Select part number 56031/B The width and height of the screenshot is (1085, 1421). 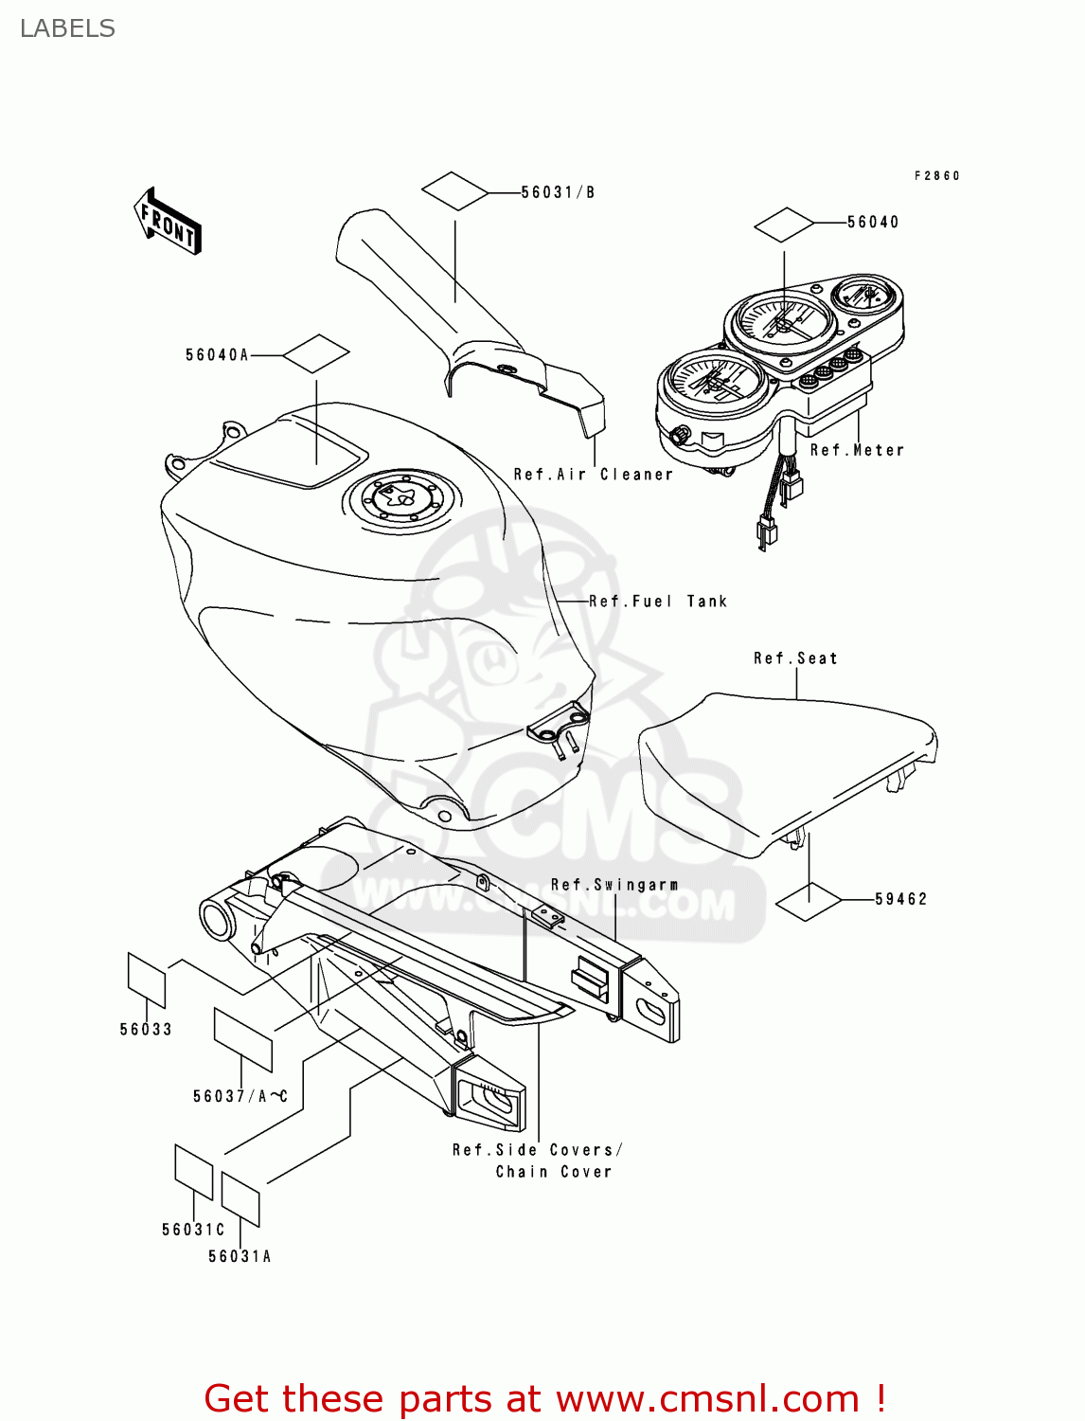pyautogui.click(x=558, y=192)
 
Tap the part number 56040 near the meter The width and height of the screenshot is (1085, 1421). pyautogui.click(x=872, y=222)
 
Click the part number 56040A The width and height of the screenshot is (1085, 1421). pyautogui.click(x=217, y=355)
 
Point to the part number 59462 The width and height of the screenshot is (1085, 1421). pyautogui.click(x=900, y=899)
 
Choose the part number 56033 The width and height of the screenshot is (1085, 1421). pyautogui.click(x=146, y=1030)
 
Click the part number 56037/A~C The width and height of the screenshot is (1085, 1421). pyautogui.click(x=240, y=1096)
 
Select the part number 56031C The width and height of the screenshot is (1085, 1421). pyautogui.click(x=193, y=1230)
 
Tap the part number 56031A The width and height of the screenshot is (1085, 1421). pyautogui.click(x=240, y=1256)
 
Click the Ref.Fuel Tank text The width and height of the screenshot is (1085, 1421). pyautogui.click(x=658, y=602)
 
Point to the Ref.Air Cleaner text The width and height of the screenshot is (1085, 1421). pyautogui.click(x=593, y=474)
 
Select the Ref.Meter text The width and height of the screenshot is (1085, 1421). pyautogui.click(x=857, y=450)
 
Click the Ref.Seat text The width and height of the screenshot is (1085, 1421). pyautogui.click(x=795, y=658)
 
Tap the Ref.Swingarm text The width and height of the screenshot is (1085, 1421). pyautogui.click(x=614, y=885)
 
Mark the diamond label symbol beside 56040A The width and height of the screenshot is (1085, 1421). pyautogui.click(x=316, y=354)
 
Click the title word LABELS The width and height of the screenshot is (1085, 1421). pyautogui.click(x=67, y=28)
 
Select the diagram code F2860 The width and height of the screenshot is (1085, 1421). pyautogui.click(x=936, y=175)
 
